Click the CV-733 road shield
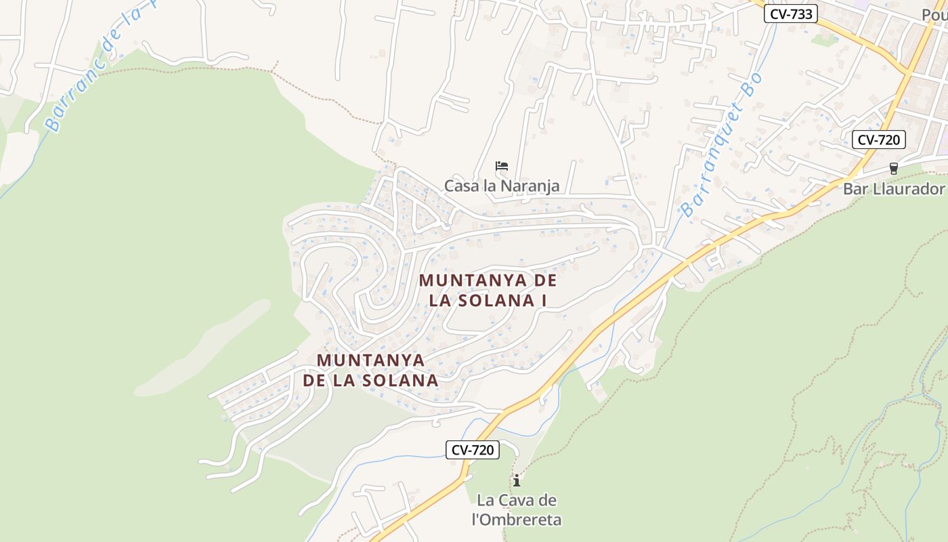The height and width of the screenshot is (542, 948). (791, 14)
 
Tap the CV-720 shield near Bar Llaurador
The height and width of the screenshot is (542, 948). (878, 140)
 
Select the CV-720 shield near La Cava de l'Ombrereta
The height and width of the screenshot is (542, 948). (473, 449)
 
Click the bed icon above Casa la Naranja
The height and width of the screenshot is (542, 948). (501, 166)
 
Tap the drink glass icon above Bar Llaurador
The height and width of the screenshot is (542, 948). (893, 169)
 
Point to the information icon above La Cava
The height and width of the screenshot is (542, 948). (517, 480)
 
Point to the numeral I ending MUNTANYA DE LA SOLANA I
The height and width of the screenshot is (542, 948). (542, 300)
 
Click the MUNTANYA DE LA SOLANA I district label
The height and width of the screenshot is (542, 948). (488, 290)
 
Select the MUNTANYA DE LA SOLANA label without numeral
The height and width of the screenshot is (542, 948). (370, 370)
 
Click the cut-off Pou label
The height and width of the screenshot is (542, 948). (934, 14)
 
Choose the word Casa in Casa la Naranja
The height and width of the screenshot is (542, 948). (462, 186)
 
